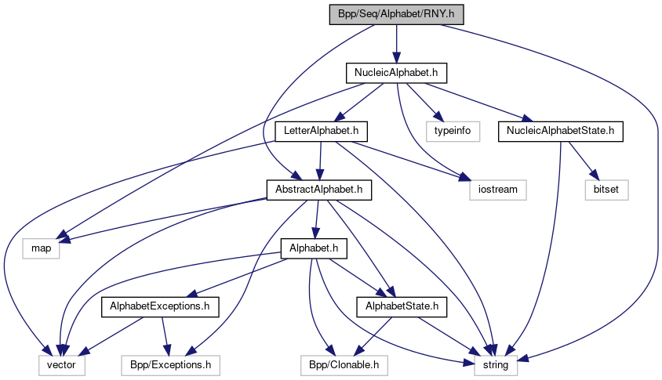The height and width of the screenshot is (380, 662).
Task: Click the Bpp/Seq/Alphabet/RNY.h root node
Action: pyautogui.click(x=397, y=14)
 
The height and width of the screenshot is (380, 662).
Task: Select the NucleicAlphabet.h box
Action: pyautogui.click(x=397, y=73)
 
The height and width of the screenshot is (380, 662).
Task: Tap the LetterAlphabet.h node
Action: pyautogui.click(x=322, y=131)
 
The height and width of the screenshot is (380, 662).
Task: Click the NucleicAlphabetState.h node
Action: pyautogui.click(x=560, y=131)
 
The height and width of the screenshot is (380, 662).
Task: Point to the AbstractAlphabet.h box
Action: pyautogui.click(x=318, y=190)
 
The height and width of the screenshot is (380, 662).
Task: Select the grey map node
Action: pyautogui.click(x=41, y=248)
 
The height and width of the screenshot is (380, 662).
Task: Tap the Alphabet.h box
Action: pyautogui.click(x=314, y=248)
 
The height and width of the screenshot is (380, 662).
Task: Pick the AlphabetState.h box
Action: pyautogui.click(x=402, y=306)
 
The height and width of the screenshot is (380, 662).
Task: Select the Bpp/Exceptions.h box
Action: pyautogui.click(x=170, y=364)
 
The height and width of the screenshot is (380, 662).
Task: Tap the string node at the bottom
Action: pyautogui.click(x=495, y=364)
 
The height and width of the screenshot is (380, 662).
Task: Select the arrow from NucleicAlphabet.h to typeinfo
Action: pyautogui.click(x=426, y=102)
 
